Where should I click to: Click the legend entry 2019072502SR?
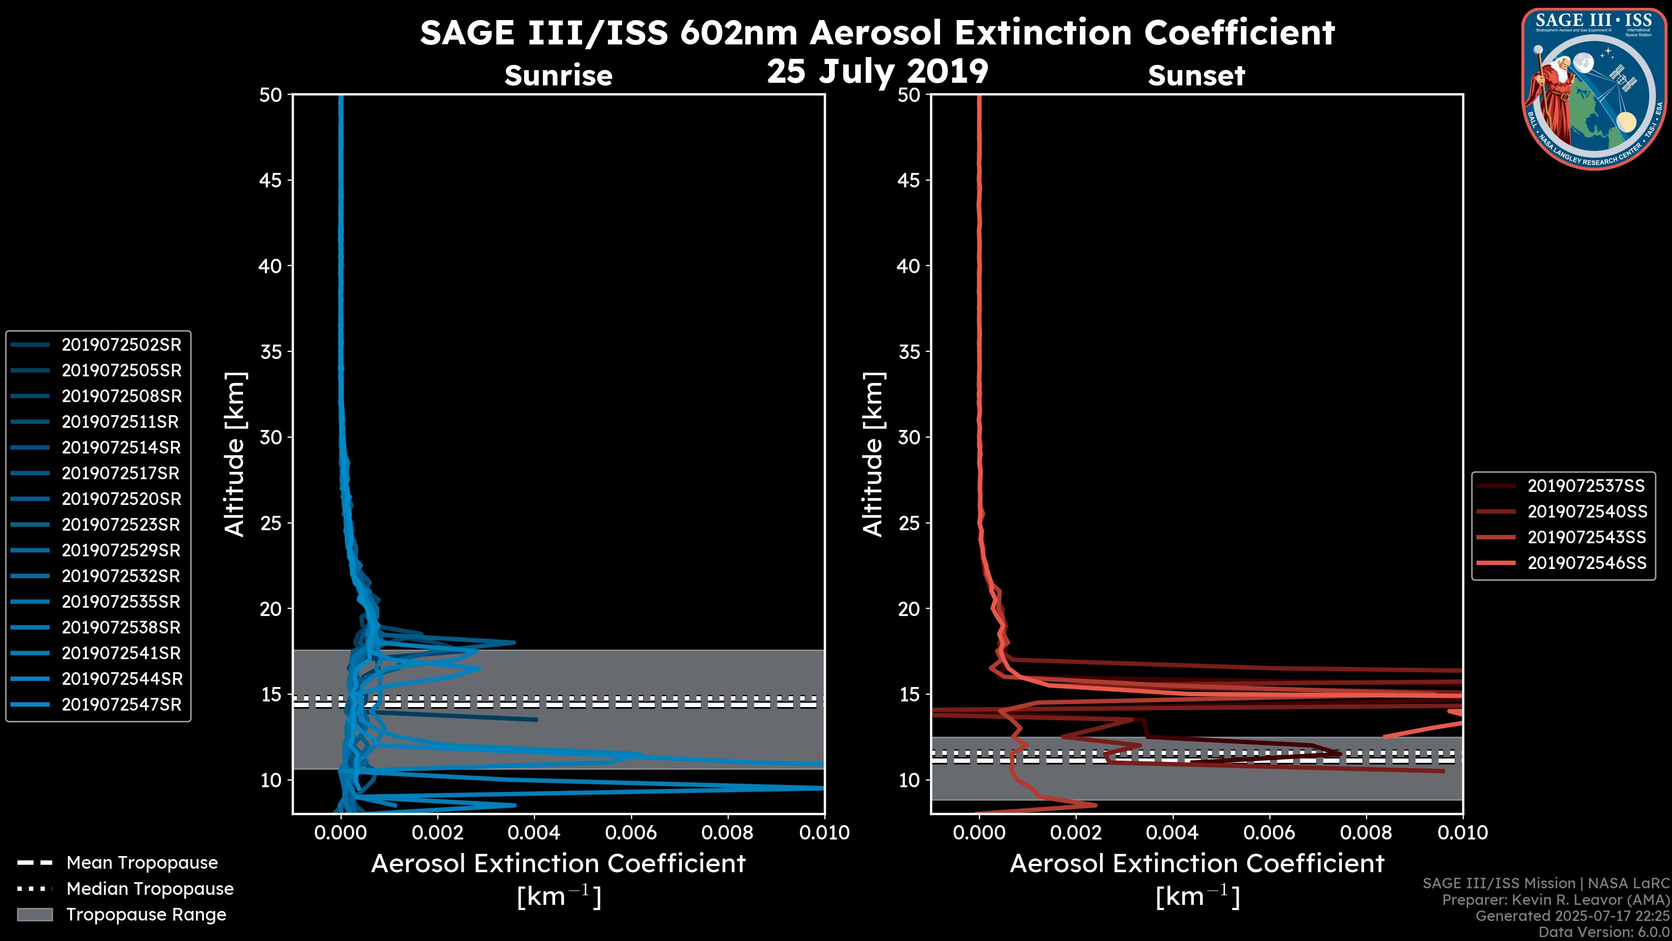[121, 345]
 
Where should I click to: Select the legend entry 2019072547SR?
[121, 704]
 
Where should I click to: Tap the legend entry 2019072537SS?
[1586, 486]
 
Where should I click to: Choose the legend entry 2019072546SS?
[1586, 563]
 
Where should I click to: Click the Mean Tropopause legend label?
[142, 863]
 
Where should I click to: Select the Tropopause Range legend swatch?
[34, 914]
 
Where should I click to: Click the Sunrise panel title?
[558, 75]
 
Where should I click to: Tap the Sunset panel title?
[1196, 75]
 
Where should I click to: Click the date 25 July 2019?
[877, 71]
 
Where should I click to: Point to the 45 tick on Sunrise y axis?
[271, 180]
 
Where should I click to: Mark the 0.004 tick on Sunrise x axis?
[535, 833]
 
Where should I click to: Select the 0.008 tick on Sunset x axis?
[1366, 833]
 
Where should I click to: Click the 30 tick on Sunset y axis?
[909, 437]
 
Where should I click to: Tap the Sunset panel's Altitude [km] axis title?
[873, 454]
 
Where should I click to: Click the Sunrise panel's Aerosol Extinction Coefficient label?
[558, 864]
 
